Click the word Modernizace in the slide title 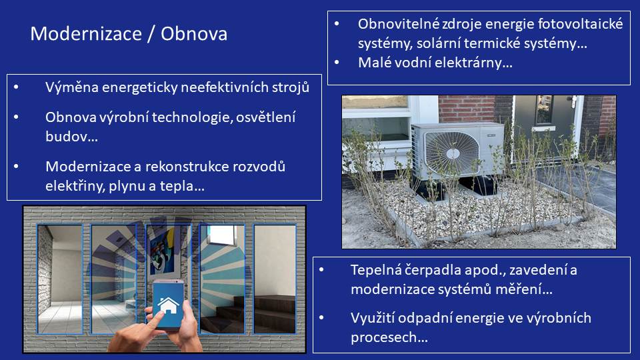click(86, 33)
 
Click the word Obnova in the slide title click(194, 33)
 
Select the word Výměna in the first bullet click(72, 87)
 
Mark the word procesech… click(389, 337)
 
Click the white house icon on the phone click(169, 305)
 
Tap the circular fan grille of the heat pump click(452, 154)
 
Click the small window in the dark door click(544, 109)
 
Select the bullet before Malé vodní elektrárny click(337, 63)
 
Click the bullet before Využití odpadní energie click(321, 318)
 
